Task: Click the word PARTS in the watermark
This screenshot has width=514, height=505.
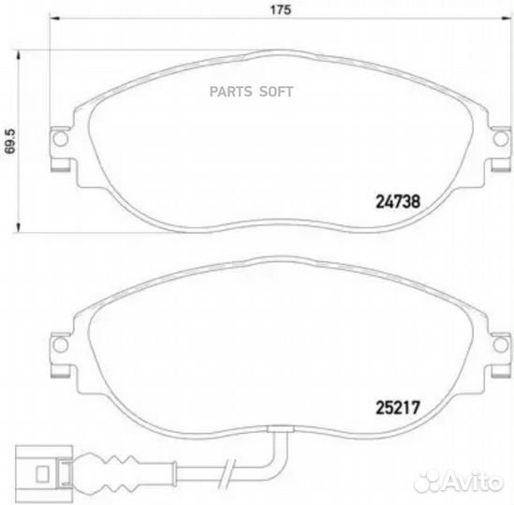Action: tap(234, 92)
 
